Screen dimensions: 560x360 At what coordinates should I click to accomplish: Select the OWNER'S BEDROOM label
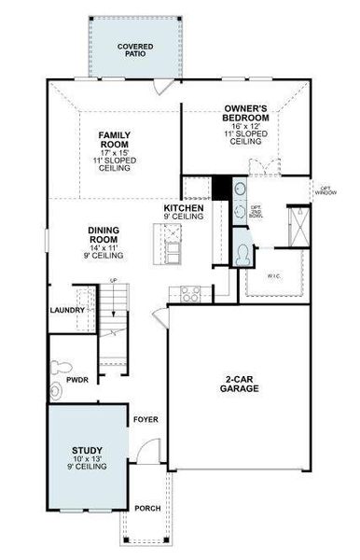(x=246, y=114)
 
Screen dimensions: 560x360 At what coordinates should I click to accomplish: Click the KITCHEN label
(x=183, y=207)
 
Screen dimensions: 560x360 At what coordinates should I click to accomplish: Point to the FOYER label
(x=145, y=419)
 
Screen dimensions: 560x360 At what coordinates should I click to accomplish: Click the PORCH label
(x=147, y=508)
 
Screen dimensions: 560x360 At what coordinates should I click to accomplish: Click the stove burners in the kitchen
(x=190, y=295)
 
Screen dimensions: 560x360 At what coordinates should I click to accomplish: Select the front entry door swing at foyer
(x=140, y=452)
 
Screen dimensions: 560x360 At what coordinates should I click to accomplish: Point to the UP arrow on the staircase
(x=114, y=281)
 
